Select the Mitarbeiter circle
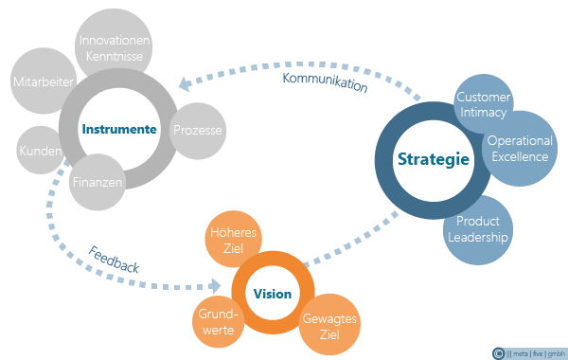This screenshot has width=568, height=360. tap(43, 81)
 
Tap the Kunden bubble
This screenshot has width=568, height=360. tap(40, 150)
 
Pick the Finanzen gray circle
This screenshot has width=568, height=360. tap(98, 182)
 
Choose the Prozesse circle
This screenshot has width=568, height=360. tap(198, 131)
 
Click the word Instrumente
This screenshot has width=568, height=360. tap(119, 129)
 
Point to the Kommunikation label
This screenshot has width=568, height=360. tap(325, 82)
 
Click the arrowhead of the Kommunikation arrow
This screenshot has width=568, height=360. tap(186, 84)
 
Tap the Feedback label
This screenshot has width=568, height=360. tap(114, 260)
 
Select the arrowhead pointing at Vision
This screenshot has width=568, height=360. tap(215, 286)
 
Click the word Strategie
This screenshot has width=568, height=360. tap(434, 159)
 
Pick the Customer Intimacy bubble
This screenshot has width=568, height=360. tap(483, 104)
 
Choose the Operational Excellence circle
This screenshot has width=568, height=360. tap(520, 149)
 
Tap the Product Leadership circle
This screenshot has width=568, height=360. tap(478, 230)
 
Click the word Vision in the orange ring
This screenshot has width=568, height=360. tap(273, 294)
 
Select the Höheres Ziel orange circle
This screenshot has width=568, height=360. tap(233, 240)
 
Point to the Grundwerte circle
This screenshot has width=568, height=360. tap(218, 322)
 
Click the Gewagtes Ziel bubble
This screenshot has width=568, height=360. tap(329, 324)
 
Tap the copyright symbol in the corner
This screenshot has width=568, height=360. tap(499, 353)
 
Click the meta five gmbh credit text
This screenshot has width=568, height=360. tap(536, 353)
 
